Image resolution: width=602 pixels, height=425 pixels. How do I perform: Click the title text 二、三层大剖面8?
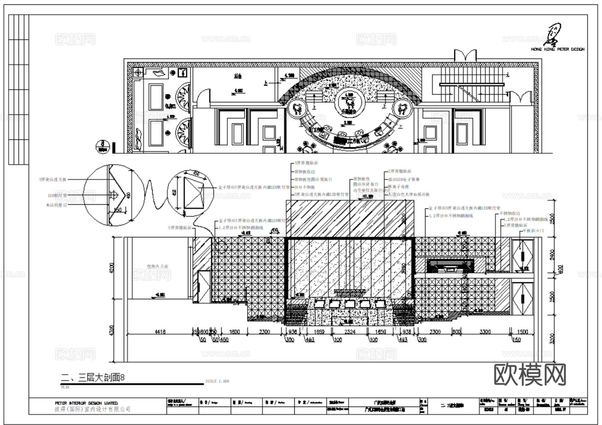point(93,377)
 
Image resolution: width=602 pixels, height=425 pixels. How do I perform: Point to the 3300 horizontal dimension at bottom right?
point(485,331)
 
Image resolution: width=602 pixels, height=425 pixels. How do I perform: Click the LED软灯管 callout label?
point(58,195)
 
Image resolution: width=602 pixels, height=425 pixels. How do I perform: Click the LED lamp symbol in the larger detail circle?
point(113,195)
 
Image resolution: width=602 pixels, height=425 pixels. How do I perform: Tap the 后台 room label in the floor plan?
point(238,77)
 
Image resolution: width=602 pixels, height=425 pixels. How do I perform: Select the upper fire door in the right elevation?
point(522,255)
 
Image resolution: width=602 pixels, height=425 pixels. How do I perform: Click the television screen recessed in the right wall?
point(451,266)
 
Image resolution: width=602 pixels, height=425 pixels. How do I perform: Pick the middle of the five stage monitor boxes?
point(349,303)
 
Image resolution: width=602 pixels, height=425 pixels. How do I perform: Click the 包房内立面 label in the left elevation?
point(158,266)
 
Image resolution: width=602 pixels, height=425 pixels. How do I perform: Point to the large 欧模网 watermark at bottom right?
point(531,374)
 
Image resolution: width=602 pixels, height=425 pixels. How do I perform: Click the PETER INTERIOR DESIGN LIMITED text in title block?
point(87,403)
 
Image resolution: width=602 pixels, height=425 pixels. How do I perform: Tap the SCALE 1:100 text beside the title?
point(217,381)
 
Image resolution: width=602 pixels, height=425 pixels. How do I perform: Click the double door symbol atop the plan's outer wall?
point(465,55)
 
